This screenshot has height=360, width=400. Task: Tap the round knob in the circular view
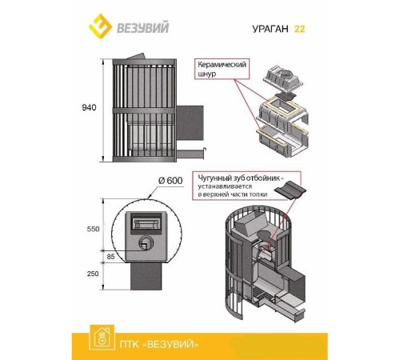coord(146,242)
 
